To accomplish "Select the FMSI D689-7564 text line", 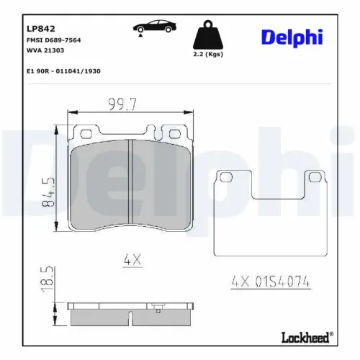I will coord(53,40).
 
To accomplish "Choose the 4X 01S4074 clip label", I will coord(272,282).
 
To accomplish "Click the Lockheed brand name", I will coord(302,336).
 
